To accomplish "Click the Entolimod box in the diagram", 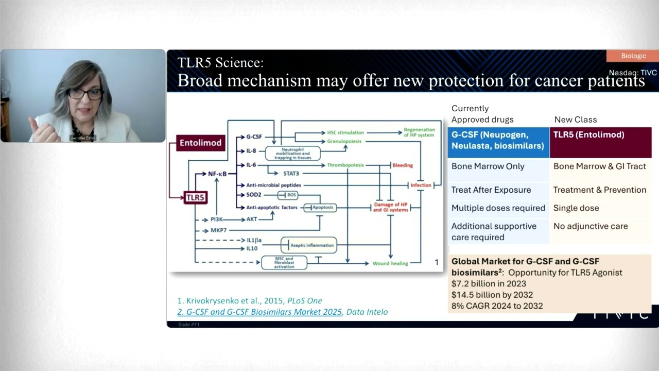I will pyautogui.click(x=200, y=143).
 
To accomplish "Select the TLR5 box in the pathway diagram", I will pyautogui.click(x=195, y=197).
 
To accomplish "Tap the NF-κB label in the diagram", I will pyautogui.click(x=217, y=174).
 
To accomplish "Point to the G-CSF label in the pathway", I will pyautogui.click(x=254, y=137).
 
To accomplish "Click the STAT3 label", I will pyautogui.click(x=291, y=174).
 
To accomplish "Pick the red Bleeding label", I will pyautogui.click(x=402, y=165).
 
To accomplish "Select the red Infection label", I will pyautogui.click(x=421, y=185).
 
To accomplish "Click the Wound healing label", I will pyautogui.click(x=390, y=263).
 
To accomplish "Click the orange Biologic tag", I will pyautogui.click(x=633, y=56).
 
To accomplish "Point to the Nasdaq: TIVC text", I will pyautogui.click(x=633, y=73).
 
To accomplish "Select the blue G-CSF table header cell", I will pyautogui.click(x=498, y=140).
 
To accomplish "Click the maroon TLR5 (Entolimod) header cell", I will pyautogui.click(x=600, y=140).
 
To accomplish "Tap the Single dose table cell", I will pyautogui.click(x=576, y=208).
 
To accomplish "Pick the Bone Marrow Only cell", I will pyautogui.click(x=480, y=166).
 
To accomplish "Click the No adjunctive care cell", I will pyautogui.click(x=591, y=226).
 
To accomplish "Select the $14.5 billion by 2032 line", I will pyautogui.click(x=492, y=295).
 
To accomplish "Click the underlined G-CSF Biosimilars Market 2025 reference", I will pyautogui.click(x=259, y=312).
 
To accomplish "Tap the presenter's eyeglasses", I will pyautogui.click(x=85, y=94).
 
